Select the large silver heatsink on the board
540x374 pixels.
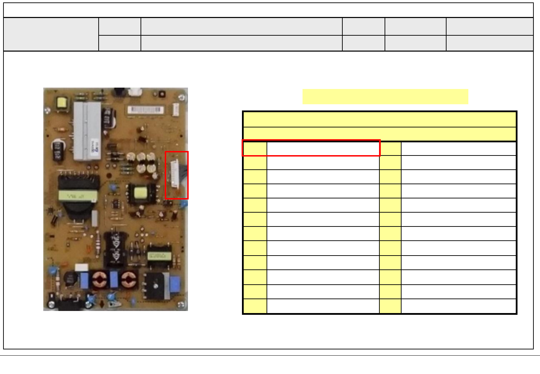tap(87, 131)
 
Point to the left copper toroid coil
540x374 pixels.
tap(100, 280)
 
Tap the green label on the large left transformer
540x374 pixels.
tap(78, 196)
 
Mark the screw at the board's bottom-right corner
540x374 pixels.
tap(180, 304)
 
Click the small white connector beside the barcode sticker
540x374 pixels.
tap(175, 110)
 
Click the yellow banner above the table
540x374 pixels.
tap(385, 97)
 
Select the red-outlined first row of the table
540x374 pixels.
tap(311, 148)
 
